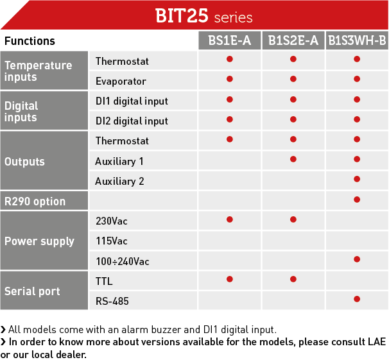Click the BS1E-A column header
point(229,40)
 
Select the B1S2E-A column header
point(293,40)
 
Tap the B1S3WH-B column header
point(357,40)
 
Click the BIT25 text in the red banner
point(182,16)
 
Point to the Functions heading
point(30,41)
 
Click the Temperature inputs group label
point(39,71)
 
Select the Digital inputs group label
point(21,111)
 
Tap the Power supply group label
point(39,241)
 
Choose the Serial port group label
point(32,291)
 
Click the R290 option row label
point(35,201)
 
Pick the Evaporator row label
point(121,81)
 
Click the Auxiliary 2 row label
point(119,181)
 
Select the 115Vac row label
point(112,241)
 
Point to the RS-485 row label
point(112,301)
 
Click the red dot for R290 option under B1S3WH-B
point(357,200)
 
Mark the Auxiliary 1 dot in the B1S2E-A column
point(293,159)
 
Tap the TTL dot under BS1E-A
point(230,279)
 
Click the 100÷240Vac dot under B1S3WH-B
point(357,259)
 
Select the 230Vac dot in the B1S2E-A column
point(293,219)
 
